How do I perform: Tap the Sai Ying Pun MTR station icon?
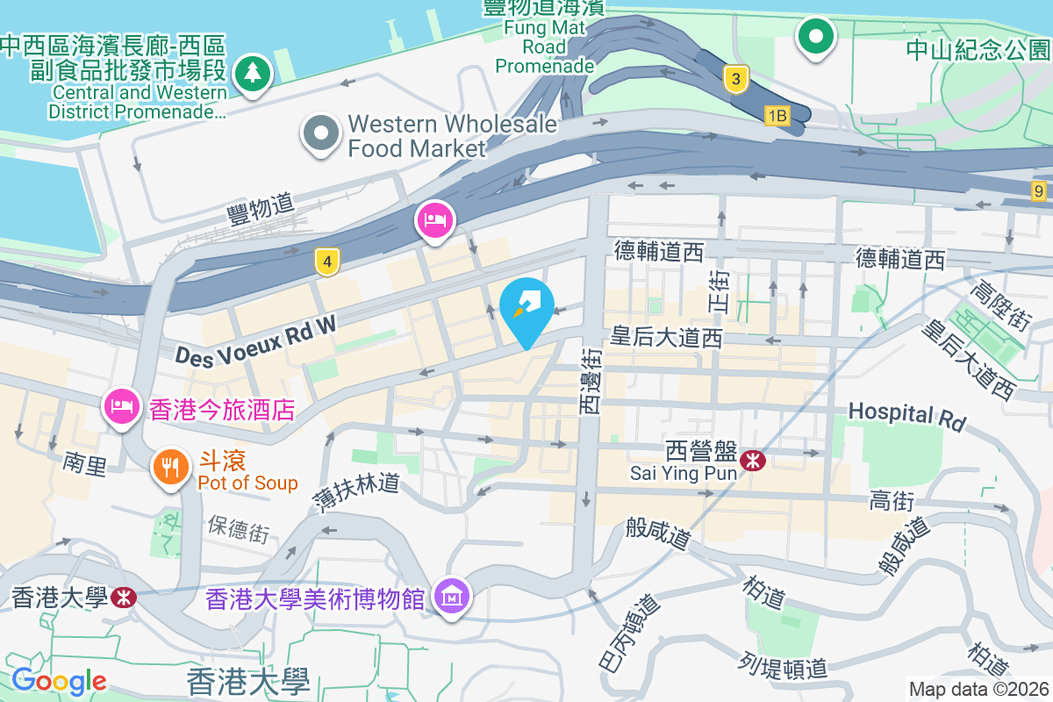(x=752, y=460)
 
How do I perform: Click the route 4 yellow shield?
(x=327, y=261)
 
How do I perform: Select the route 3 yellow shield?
(x=736, y=80)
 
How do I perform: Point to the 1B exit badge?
(x=777, y=115)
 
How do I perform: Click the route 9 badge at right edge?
(x=1040, y=190)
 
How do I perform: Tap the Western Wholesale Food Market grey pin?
(x=321, y=134)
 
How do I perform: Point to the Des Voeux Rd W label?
(x=255, y=341)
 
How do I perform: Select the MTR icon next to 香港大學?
(x=124, y=598)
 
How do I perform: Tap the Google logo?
(x=59, y=680)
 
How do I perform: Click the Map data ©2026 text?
(x=978, y=689)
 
